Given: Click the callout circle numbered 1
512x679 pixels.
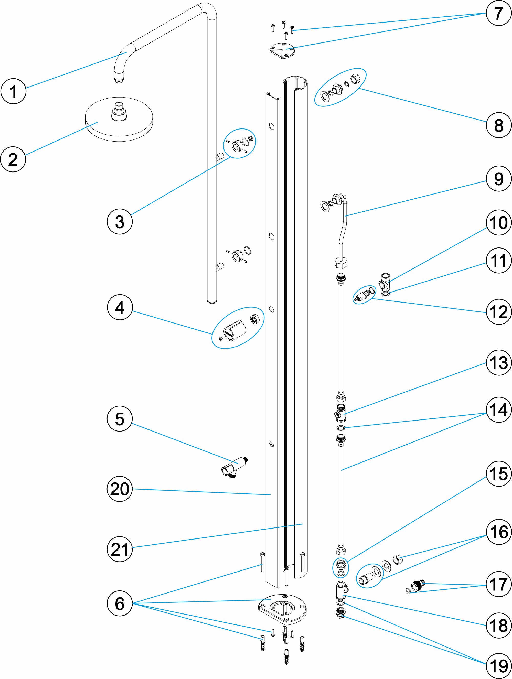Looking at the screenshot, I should coord(13,91).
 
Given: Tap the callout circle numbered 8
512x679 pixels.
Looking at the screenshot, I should coord(498,125).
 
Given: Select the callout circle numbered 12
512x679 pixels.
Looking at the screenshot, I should coord(498,312).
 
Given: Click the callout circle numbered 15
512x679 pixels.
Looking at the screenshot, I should coord(498,474).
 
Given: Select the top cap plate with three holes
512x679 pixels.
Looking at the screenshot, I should coord(282,51).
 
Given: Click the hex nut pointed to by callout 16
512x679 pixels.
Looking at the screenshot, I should coord(398,559).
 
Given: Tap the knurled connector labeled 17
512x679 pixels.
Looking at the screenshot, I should coord(418,586).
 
